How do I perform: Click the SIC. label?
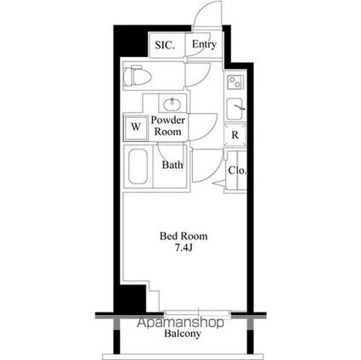(165, 45)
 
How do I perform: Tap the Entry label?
(203, 45)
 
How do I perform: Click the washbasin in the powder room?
(172, 104)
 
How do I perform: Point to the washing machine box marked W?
(134, 128)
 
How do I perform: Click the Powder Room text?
(168, 127)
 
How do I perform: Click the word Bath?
(173, 165)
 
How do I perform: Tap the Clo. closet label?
(237, 171)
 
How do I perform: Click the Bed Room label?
(184, 236)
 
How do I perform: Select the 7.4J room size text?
(184, 248)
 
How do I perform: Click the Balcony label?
(183, 335)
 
